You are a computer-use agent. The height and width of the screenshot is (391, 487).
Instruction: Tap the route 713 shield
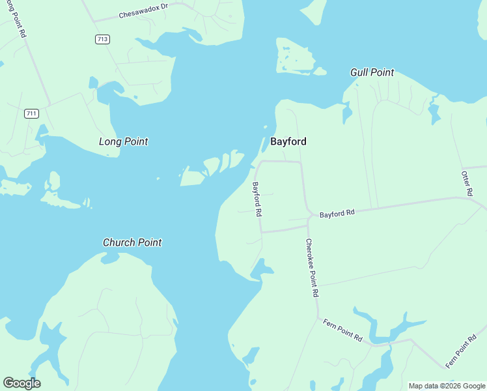click(x=102, y=39)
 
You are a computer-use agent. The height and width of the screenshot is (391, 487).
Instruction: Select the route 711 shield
click(x=31, y=113)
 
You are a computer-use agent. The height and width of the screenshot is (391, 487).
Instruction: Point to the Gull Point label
click(x=372, y=72)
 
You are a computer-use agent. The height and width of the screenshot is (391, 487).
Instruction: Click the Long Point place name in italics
click(x=123, y=141)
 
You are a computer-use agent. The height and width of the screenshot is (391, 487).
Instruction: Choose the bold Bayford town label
click(x=288, y=141)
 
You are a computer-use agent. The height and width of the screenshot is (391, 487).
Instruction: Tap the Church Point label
click(x=132, y=242)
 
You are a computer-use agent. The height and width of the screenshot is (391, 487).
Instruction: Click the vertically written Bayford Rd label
click(x=257, y=199)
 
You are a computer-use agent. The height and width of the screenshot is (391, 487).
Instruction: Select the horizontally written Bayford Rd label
click(x=337, y=213)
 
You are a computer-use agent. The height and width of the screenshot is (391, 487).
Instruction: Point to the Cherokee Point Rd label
click(x=311, y=267)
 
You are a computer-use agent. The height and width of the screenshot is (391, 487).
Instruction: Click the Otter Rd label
click(x=466, y=184)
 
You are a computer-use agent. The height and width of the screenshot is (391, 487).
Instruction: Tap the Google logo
click(x=21, y=383)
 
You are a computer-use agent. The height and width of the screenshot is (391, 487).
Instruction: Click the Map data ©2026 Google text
click(x=447, y=386)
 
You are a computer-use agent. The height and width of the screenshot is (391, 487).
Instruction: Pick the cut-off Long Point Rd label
click(x=16, y=18)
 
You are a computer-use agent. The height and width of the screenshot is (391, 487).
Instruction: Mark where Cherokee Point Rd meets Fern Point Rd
click(x=318, y=318)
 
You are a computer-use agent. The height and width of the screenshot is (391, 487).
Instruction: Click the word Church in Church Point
click(x=118, y=242)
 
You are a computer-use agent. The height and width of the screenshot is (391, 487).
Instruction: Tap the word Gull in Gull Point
click(x=360, y=72)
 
